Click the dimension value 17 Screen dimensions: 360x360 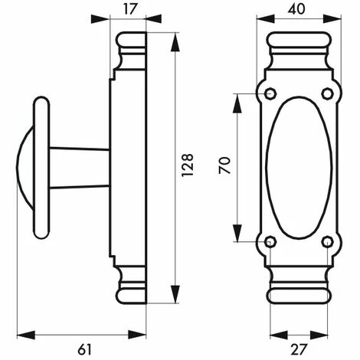click(131, 9)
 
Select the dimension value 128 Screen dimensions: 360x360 click(188, 165)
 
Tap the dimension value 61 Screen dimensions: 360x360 click(84, 349)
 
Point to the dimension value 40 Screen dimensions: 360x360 click(296, 9)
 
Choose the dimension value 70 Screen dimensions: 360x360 click(224, 165)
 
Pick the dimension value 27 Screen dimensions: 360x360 click(298, 349)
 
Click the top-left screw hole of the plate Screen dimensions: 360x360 click(270, 93)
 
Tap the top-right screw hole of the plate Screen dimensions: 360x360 click(327, 93)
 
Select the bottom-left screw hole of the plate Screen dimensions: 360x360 click(270, 241)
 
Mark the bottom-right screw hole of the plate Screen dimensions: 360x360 click(327, 241)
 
